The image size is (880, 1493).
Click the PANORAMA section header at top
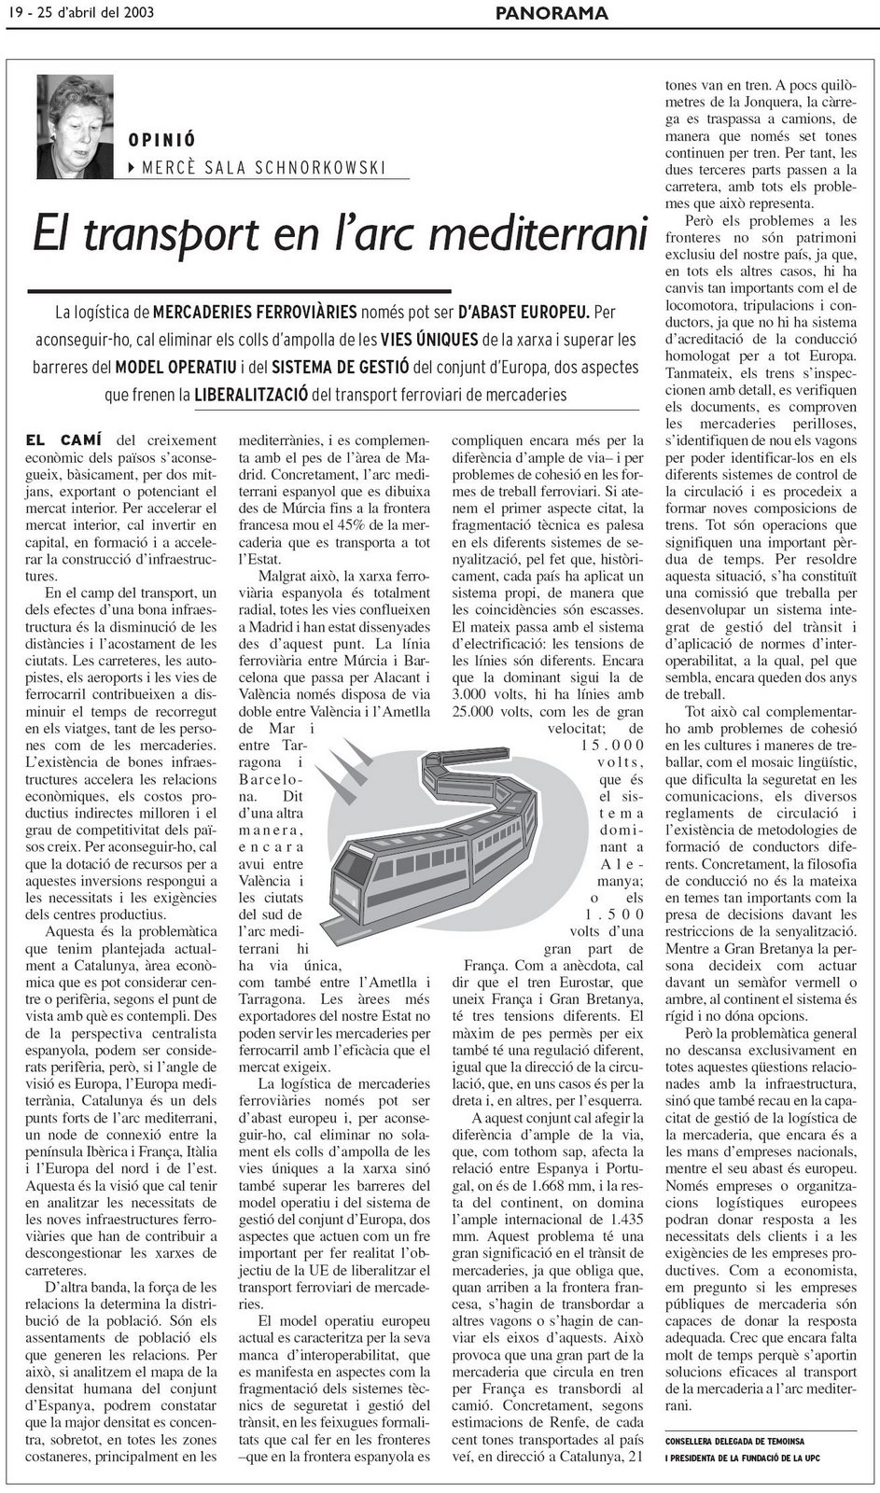pyautogui.click(x=552, y=13)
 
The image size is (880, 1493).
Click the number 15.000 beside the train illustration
pyautogui.click(x=611, y=745)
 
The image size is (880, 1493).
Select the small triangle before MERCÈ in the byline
pyautogui.click(x=133, y=168)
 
